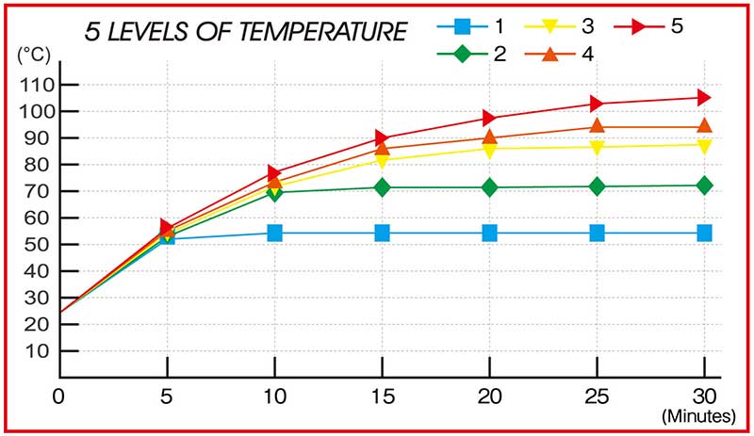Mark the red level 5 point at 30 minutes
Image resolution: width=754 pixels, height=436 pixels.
click(703, 97)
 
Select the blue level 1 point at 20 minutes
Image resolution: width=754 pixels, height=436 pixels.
click(489, 233)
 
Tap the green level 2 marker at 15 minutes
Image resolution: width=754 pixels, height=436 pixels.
click(382, 187)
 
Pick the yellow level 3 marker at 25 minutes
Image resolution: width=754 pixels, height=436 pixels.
click(597, 148)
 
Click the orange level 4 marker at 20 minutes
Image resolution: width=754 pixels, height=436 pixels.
click(489, 137)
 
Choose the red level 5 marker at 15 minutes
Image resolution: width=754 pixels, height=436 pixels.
click(382, 137)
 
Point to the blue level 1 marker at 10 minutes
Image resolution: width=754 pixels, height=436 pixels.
click(274, 233)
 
